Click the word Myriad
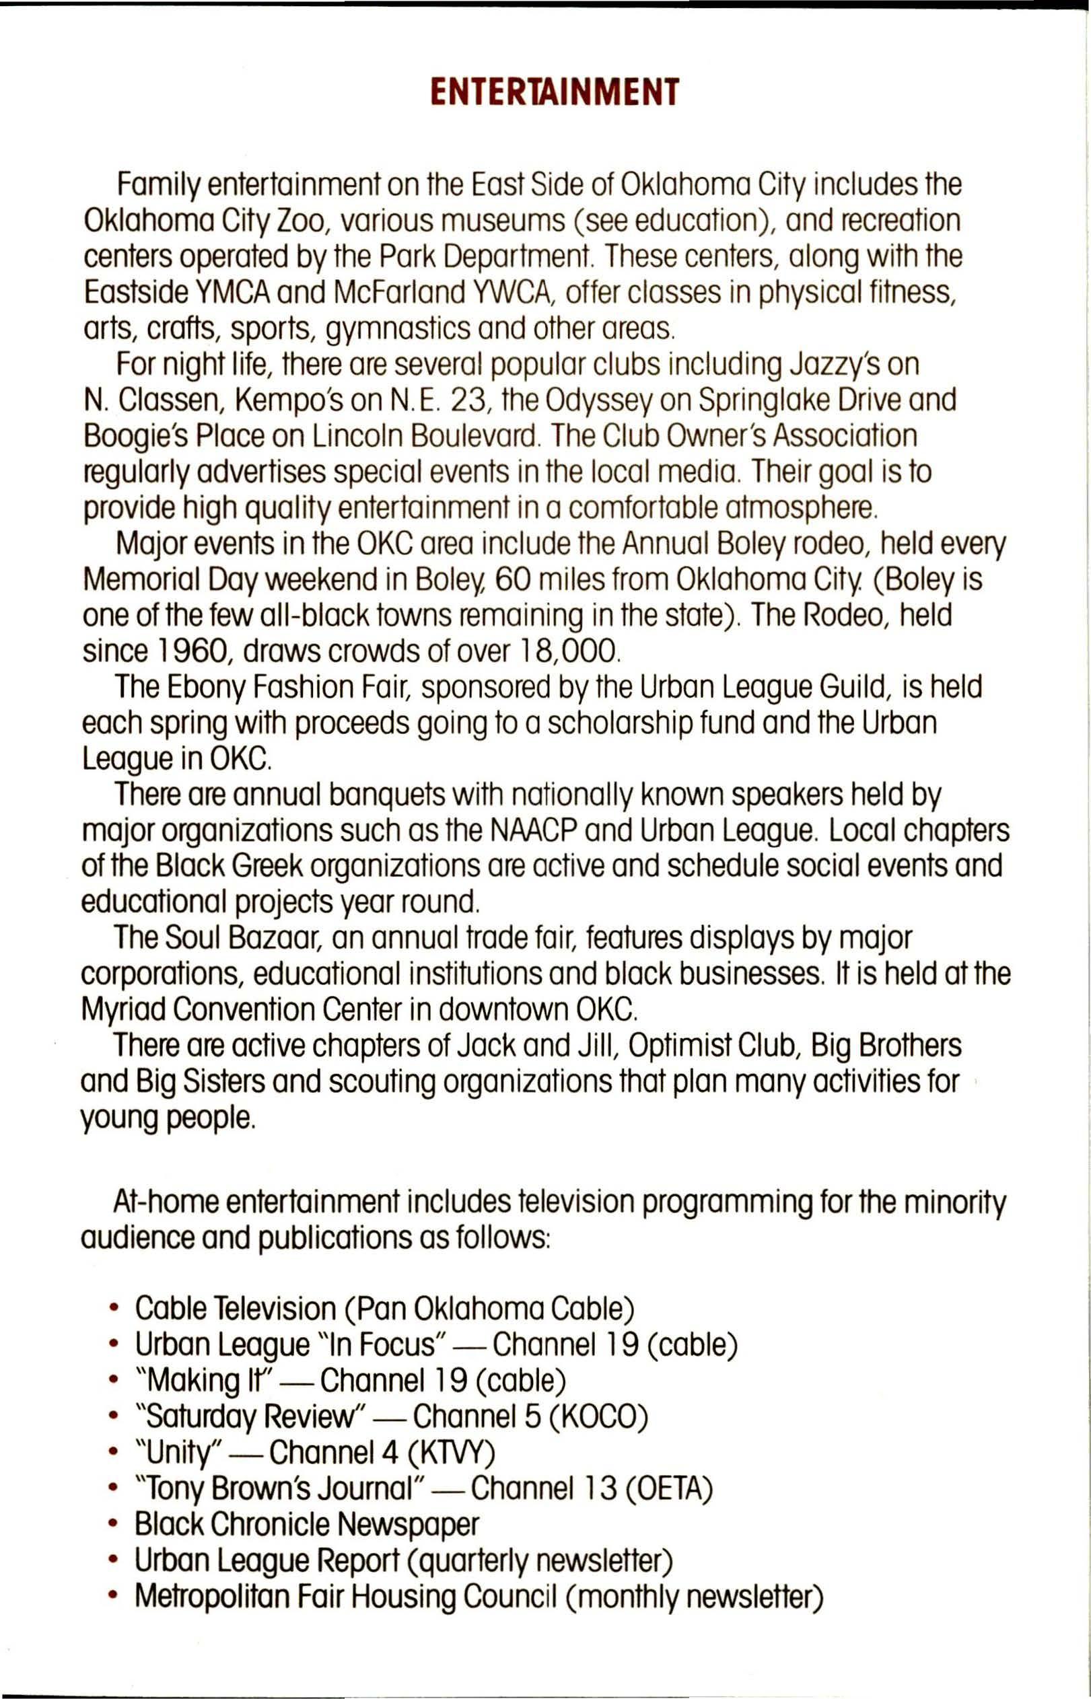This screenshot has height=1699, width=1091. pos(122,1009)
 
